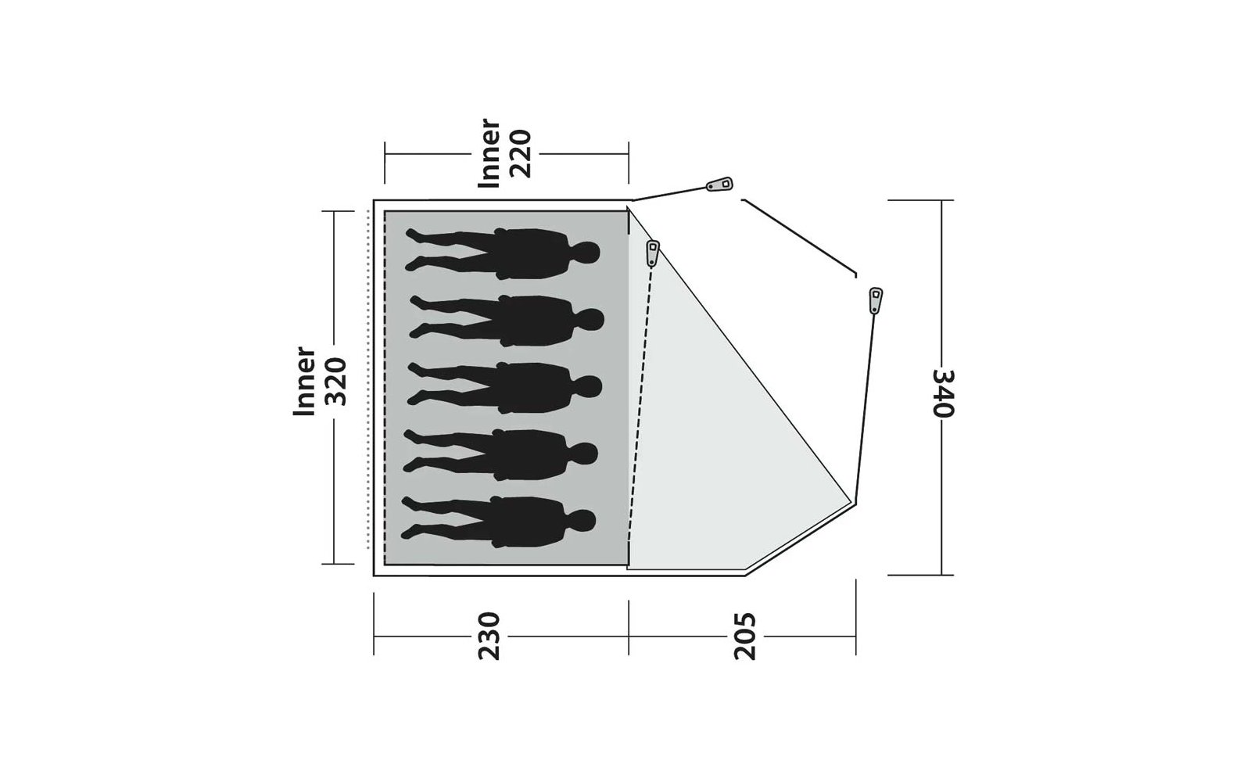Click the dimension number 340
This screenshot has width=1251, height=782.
944,393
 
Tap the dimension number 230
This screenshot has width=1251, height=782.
489,637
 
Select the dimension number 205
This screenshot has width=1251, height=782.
744,637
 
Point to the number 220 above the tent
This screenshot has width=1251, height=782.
521,153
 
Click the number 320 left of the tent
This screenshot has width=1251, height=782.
336,382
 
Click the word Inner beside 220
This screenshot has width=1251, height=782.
489,152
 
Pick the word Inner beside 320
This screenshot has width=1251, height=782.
304,381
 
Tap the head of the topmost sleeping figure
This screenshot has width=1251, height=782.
587,253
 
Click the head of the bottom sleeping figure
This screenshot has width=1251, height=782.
583,521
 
